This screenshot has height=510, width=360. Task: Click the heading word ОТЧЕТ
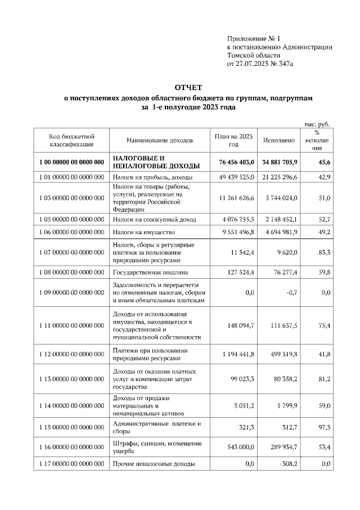(188, 88)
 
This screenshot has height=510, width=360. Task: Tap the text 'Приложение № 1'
(253, 39)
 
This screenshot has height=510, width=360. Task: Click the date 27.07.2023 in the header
(252, 64)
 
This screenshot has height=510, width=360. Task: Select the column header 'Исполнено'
(278, 140)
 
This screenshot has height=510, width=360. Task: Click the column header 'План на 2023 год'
(234, 140)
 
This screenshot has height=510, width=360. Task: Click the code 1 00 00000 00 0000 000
(71, 162)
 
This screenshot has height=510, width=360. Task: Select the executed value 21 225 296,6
(277, 177)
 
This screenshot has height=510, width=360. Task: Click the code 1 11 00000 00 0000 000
(71, 325)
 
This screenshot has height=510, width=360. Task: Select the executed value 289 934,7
(281, 447)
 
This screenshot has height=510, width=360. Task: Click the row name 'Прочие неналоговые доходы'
(154, 464)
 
